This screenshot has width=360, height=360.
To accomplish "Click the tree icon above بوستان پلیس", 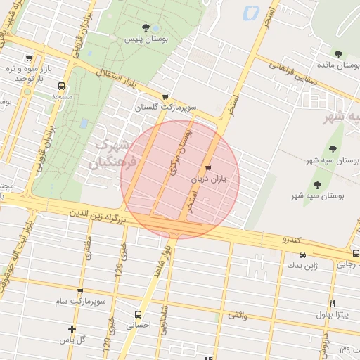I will [x=146, y=27].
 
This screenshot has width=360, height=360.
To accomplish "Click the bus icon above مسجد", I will [x=29, y=58].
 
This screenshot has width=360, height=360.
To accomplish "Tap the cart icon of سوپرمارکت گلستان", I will [x=165, y=97].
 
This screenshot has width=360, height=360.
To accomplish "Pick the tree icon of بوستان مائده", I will [x=338, y=53].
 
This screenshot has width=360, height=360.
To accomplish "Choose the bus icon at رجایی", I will [x=356, y=253].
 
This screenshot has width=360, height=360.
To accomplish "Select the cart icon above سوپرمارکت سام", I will [x=80, y=291].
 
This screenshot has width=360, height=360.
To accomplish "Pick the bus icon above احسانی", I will [x=137, y=314].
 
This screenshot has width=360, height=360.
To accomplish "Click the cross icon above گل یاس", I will [x=71, y=328].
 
